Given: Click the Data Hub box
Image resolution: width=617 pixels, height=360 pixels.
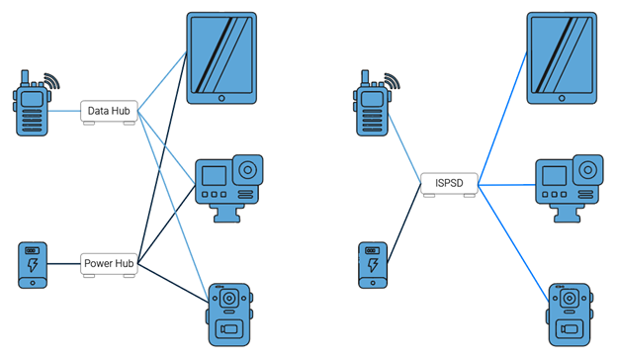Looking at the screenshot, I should [109, 112].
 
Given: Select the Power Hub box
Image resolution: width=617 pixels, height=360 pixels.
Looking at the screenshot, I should [109, 264].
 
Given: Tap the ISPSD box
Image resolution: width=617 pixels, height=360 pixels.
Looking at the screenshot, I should [449, 184].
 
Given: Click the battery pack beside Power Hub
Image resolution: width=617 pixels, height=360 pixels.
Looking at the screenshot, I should [33, 264].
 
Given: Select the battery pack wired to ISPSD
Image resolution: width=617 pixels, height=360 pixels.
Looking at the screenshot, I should [373, 264].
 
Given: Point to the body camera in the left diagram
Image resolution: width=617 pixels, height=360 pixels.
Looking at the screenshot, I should [229, 314].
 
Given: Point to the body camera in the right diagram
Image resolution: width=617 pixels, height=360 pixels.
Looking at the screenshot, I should [569, 314].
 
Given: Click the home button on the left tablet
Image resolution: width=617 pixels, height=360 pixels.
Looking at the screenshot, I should [221, 98].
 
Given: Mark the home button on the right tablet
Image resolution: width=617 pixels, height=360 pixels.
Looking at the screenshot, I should [562, 98].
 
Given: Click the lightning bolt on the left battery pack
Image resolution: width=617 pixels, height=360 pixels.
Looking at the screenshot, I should [33, 267].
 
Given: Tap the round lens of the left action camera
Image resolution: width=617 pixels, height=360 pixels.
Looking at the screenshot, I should [246, 169].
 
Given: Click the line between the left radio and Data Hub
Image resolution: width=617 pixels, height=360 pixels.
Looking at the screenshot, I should [65, 111].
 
